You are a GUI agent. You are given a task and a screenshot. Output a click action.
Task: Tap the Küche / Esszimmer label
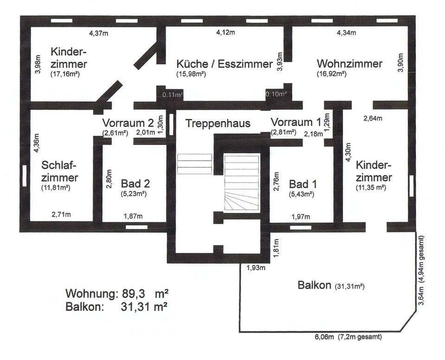click(224, 64)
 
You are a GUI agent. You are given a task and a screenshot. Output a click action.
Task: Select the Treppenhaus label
click(218, 123)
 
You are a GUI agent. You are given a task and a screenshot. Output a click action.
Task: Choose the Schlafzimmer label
click(59, 171)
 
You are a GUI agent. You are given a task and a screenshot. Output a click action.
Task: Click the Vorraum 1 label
click(296, 122)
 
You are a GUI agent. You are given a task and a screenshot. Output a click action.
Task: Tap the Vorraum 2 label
click(128, 123)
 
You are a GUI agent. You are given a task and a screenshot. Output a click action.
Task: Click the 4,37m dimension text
click(99, 33)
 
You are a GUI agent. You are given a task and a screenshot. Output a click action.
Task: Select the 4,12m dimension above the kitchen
click(226, 33)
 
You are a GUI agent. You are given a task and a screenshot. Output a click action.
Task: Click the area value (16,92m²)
click(332, 74)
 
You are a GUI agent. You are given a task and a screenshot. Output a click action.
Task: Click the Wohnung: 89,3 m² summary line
click(116, 293)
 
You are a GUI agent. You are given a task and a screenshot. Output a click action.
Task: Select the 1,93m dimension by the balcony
click(255, 268)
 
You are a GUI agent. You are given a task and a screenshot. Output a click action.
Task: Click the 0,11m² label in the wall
click(172, 95)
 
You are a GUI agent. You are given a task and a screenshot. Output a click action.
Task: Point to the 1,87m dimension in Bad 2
click(133, 216)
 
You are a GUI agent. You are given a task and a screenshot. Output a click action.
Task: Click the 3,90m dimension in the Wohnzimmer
click(401, 63)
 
